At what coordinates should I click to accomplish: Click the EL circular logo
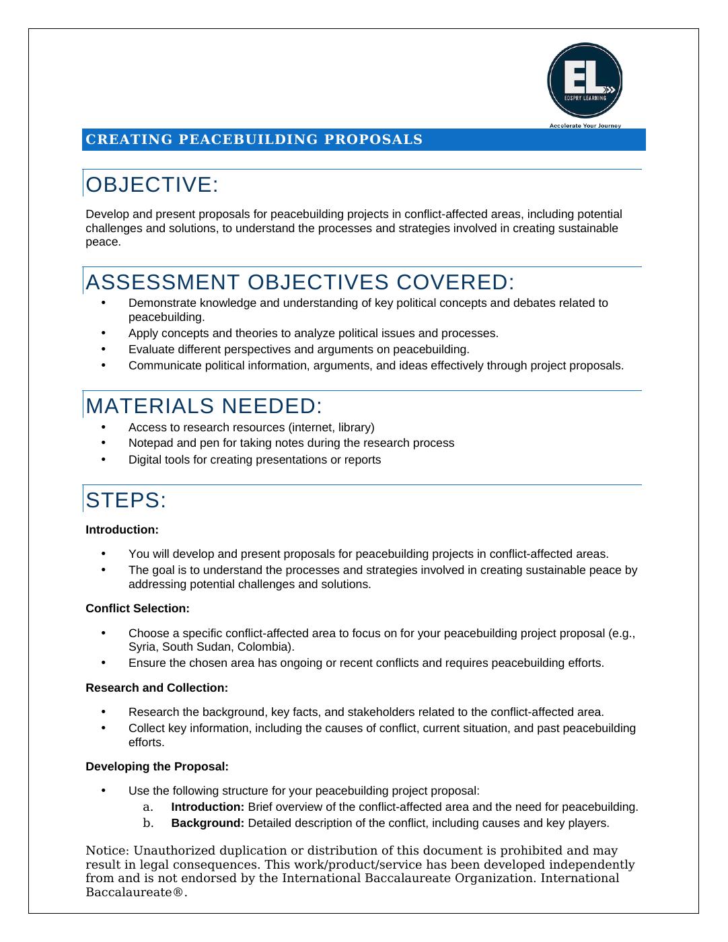click(584, 80)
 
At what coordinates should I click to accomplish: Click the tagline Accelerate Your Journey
click(585, 125)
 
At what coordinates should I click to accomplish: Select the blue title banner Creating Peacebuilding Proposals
click(363, 139)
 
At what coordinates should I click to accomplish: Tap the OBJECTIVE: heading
click(152, 184)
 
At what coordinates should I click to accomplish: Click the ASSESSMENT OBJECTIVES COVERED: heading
click(300, 282)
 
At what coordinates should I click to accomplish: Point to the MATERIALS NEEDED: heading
click(205, 406)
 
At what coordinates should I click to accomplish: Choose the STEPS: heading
click(126, 501)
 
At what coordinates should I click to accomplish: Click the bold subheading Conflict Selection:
click(137, 608)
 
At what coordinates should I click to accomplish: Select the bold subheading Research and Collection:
click(157, 688)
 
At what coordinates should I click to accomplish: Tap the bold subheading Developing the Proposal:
click(157, 766)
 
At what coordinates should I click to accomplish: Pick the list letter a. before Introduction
click(148, 807)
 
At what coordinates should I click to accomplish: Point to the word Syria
click(142, 647)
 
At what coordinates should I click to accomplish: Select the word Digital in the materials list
click(143, 460)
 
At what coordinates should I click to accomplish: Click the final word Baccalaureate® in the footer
click(136, 893)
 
